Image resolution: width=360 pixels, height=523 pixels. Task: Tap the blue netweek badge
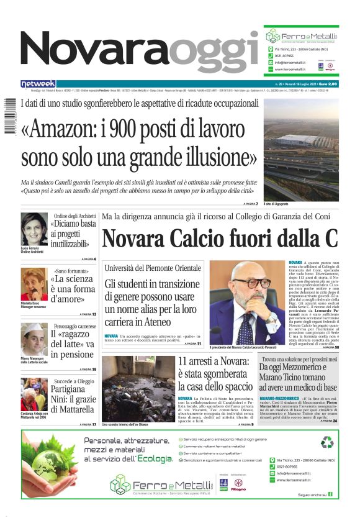pos(38,84)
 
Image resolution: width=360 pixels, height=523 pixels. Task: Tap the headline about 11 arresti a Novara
pos(215,374)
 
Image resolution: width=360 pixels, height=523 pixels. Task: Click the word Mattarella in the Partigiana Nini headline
pos(73,410)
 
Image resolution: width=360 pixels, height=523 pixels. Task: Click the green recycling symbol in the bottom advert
pos(326,443)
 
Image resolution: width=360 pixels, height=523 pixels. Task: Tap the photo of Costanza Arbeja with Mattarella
pos(34,394)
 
